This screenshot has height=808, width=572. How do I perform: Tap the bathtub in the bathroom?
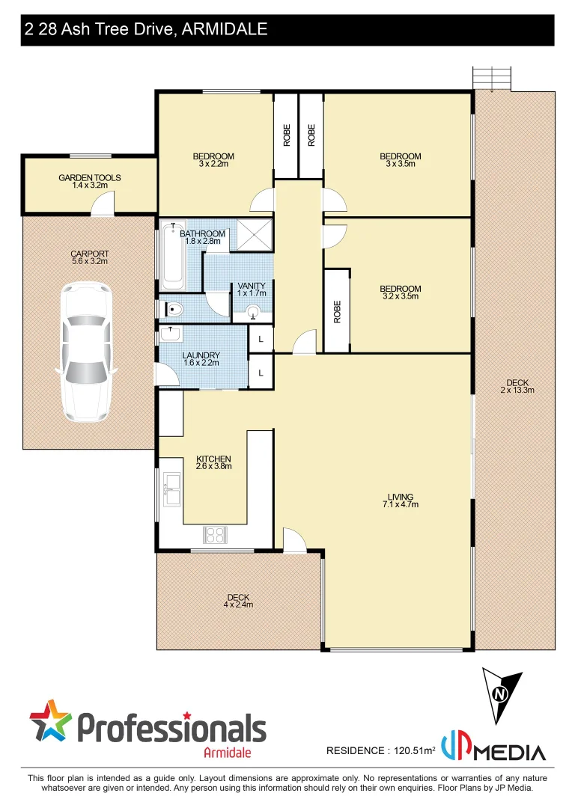pos(173,256)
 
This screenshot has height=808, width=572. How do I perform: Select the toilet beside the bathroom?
pos(173,307)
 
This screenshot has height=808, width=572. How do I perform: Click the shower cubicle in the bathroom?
pos(255,235)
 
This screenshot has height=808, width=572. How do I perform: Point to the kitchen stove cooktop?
pos(216,535)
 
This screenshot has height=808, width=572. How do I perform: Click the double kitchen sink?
pos(172,489)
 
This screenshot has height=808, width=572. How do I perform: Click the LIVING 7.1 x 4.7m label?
pos(401,500)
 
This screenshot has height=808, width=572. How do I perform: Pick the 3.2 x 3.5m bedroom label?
pos(400,292)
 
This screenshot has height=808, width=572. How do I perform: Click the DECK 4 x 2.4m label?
pos(238,601)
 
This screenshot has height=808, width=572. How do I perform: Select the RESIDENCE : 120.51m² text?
pos(381,750)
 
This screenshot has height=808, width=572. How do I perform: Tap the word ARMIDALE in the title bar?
pos(225,30)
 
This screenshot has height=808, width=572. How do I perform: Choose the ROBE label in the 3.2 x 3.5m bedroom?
pos(337,310)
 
